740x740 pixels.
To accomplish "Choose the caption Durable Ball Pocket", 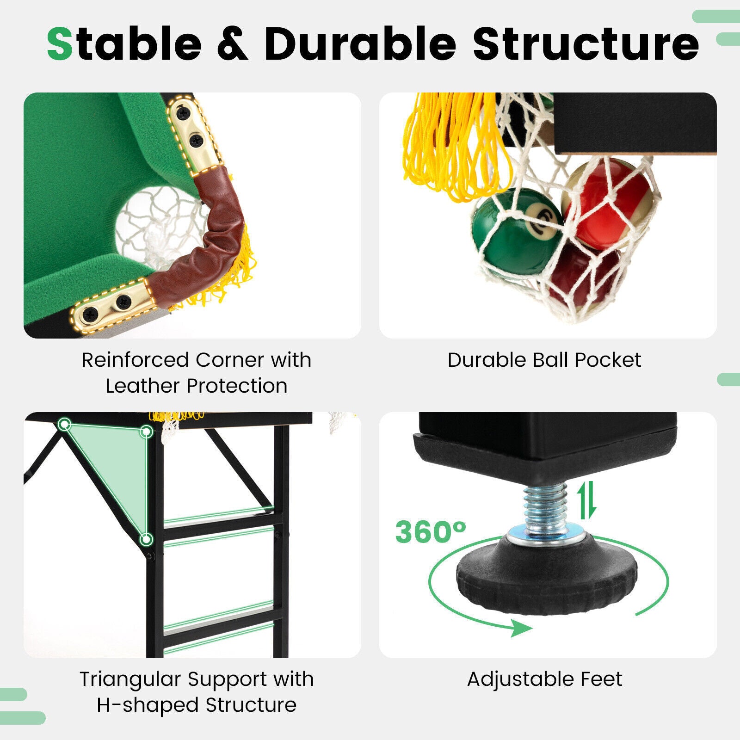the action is tap(544, 360).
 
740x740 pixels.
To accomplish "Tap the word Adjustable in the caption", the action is tap(518, 679).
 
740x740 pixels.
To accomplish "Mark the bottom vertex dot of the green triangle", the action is tap(146, 539).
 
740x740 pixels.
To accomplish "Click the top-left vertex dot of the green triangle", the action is tap(65, 424).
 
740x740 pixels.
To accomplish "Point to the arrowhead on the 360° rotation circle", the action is tap(522, 629).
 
